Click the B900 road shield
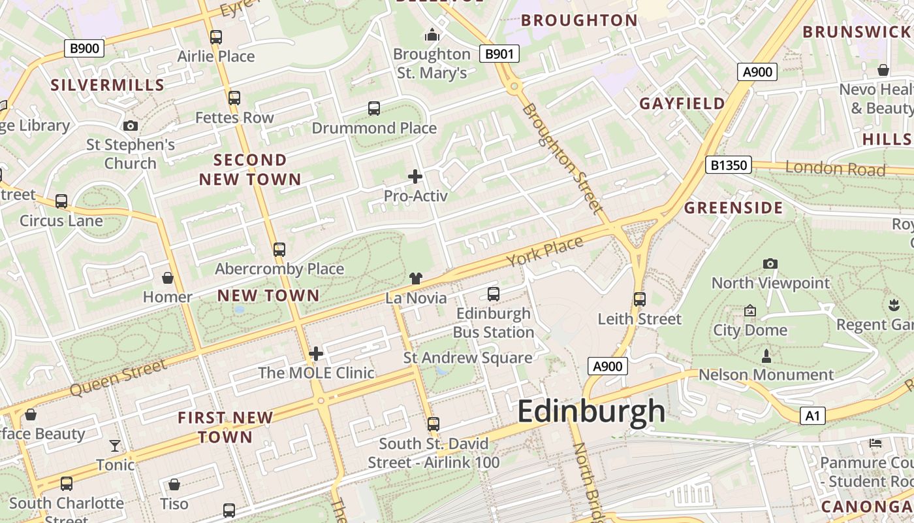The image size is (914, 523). click(x=85, y=48)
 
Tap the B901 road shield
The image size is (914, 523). click(x=499, y=54)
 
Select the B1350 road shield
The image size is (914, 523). click(x=728, y=165)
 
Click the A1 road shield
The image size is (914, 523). click(x=812, y=415)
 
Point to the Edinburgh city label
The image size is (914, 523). click(x=591, y=412)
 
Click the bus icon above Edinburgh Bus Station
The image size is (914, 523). click(x=494, y=294)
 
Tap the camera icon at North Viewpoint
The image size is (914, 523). click(x=770, y=263)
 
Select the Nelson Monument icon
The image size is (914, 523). click(x=766, y=356)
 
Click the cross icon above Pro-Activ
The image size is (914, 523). click(x=415, y=176)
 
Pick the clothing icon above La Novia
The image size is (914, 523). click(x=416, y=278)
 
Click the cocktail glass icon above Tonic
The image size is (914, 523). click(x=115, y=446)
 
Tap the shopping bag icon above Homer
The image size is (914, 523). click(x=168, y=278)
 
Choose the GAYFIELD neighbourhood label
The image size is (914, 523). click(x=682, y=103)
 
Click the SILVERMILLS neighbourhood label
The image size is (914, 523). click(x=108, y=85)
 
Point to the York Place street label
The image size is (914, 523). click(x=544, y=252)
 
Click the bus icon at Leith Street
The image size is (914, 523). click(x=640, y=299)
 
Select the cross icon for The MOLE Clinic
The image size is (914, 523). click(x=316, y=354)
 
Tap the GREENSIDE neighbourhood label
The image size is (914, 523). click(x=733, y=208)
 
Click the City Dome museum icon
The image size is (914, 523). click(x=749, y=311)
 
